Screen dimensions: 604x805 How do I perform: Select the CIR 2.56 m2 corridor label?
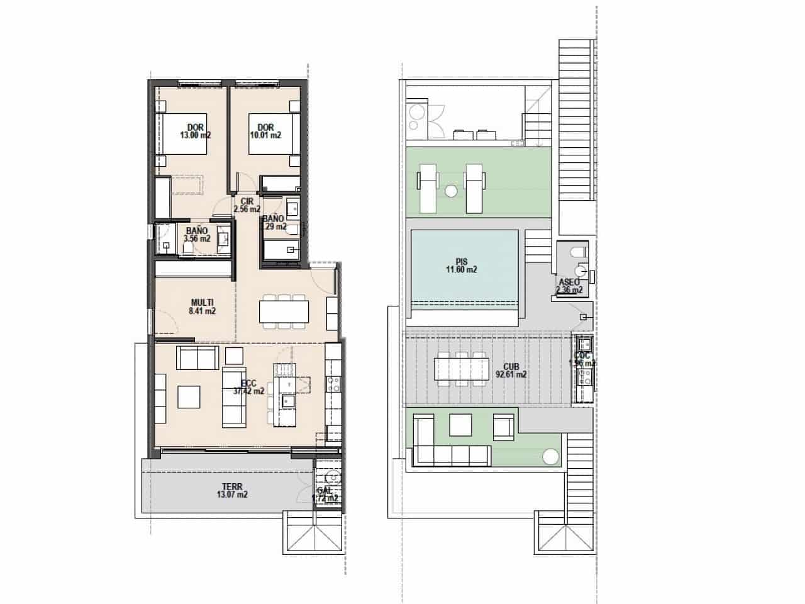[x=247, y=205]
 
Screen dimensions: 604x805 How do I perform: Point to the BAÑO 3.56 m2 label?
[x=197, y=235]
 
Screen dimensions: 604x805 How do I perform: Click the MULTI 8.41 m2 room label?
[x=203, y=306]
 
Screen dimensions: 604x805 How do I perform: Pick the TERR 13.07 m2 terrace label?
[x=232, y=490]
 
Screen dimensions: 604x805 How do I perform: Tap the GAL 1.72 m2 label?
[x=325, y=494]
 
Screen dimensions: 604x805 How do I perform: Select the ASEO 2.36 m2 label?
[x=570, y=286]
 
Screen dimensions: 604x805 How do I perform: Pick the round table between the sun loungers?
[x=450, y=189]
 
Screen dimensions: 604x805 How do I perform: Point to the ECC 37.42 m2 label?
[x=248, y=386]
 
